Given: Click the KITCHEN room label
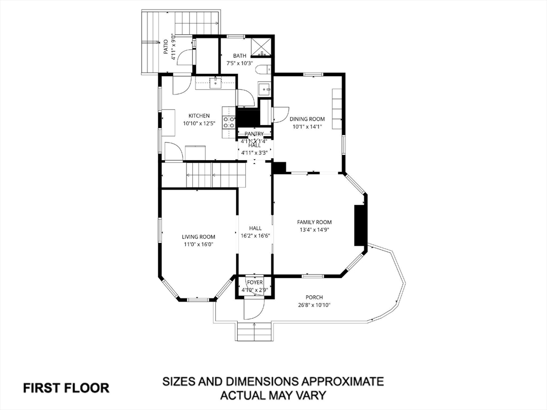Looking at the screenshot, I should coord(199,116).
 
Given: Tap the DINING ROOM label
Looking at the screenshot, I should coord(307,119).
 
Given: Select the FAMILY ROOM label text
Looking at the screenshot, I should coord(314,222).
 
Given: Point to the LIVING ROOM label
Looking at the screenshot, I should coord(198,237).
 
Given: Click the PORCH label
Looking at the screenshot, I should coord(314,297).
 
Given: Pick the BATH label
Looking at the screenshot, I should coord(239,56).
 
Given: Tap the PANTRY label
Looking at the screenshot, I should coord(254,134).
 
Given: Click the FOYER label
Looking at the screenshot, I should coord(254,282).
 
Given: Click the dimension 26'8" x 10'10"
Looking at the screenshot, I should coord(314,305).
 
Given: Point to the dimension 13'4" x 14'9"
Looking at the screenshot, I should coord(314,230).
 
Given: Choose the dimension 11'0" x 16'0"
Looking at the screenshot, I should coord(198,245).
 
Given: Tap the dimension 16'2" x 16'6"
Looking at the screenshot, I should coord(255,235).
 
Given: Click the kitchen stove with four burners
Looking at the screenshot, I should coord(229,122).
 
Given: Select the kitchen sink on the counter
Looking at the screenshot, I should coord(216,82).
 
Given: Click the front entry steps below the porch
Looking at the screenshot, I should coord(254,332).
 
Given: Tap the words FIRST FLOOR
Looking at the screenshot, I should coord(66,388).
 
